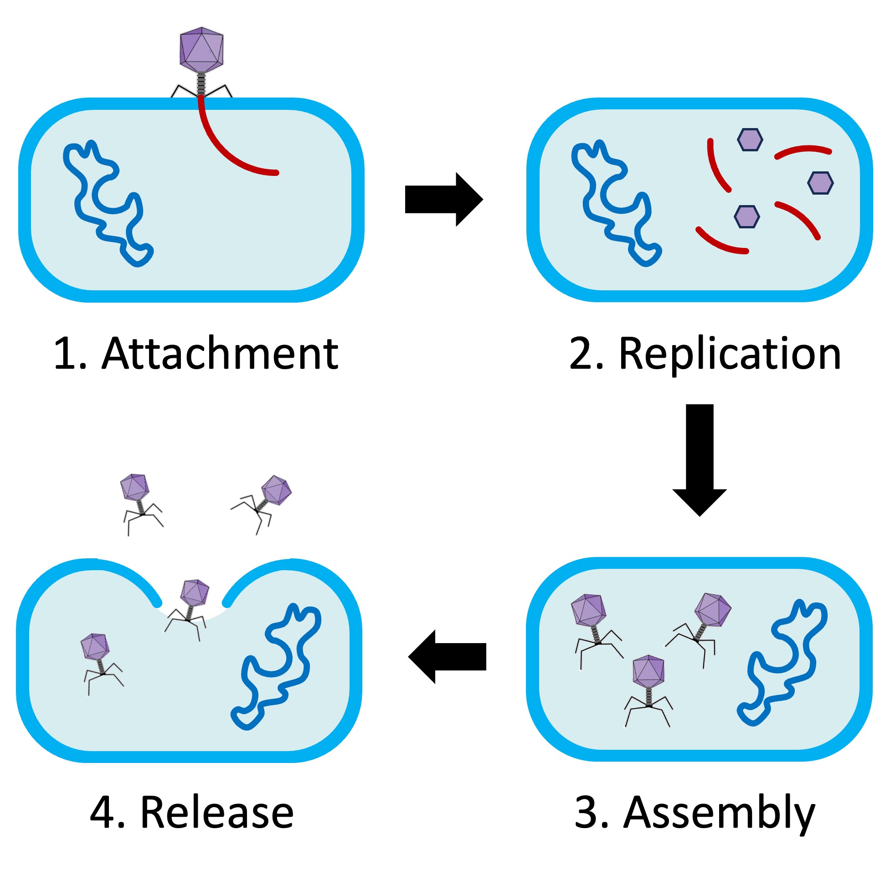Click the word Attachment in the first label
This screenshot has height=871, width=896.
pyautogui.click(x=220, y=353)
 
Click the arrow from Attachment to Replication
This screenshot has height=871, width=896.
pyautogui.click(x=443, y=200)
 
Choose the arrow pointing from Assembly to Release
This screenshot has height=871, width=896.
pyautogui.click(x=447, y=657)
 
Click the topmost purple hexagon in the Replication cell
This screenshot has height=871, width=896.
pyautogui.click(x=750, y=139)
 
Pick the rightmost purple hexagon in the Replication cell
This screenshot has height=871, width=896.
pyautogui.click(x=820, y=183)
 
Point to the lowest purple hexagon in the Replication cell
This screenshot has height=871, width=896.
pyautogui.click(x=747, y=217)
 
